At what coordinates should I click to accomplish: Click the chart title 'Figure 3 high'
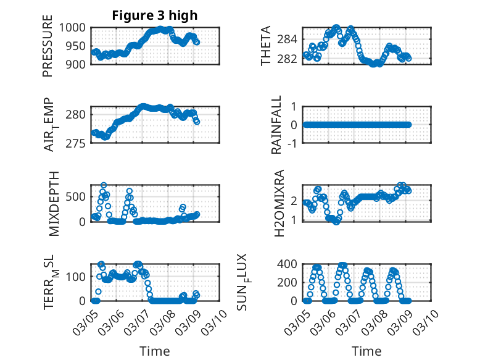point(155,15)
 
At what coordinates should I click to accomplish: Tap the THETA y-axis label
point(266,46)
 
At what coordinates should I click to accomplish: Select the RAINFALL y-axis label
point(277,125)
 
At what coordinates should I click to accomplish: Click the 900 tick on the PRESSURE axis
point(78,64)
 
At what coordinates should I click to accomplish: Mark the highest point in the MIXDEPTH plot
point(104,185)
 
